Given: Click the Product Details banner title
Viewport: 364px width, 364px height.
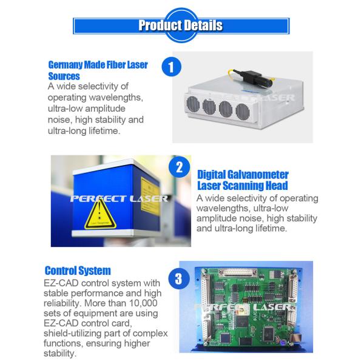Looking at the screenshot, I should point(181,25).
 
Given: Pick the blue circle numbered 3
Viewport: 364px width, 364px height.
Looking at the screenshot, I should point(178,279).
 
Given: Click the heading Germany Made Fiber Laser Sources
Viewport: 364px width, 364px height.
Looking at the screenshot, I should point(97,70).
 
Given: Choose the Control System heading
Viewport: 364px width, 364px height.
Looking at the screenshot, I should point(78,271).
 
